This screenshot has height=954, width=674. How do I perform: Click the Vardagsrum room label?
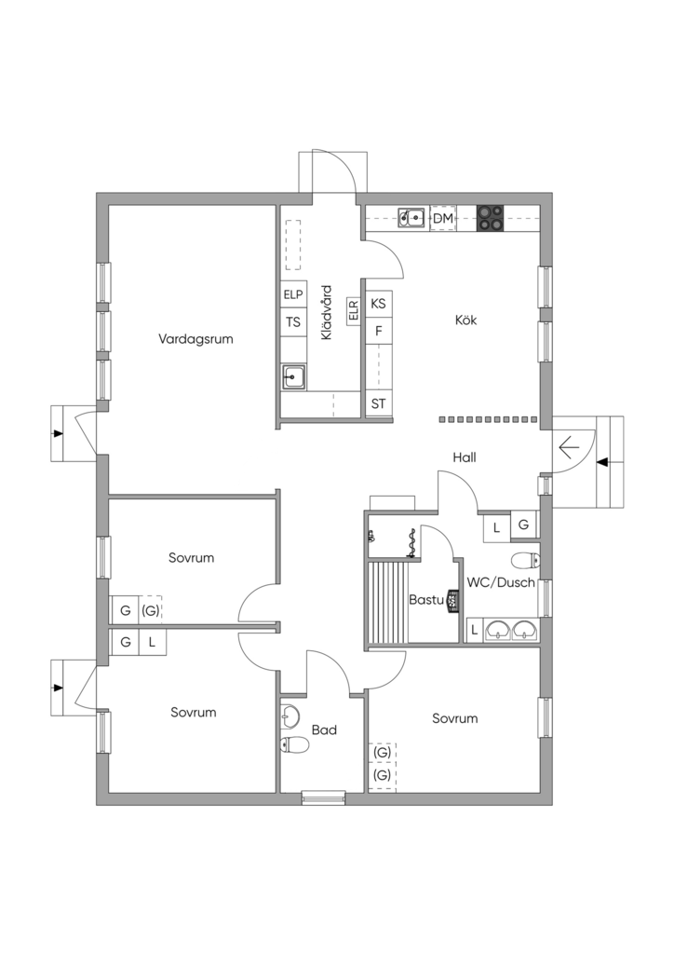[x=195, y=339]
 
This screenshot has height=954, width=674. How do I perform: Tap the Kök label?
[x=466, y=320]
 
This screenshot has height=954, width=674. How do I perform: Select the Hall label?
[x=465, y=457]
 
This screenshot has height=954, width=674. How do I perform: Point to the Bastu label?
[x=426, y=600]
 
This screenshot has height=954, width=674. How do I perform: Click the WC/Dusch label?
[x=501, y=582]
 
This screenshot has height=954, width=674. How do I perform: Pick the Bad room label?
[x=324, y=730]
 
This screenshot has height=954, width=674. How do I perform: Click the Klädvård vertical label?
[x=327, y=312]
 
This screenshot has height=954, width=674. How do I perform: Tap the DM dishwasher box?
[x=444, y=218]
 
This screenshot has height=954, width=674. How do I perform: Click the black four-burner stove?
[x=491, y=218]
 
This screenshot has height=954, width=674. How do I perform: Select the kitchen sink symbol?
[x=411, y=217]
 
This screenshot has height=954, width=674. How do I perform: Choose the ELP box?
[x=293, y=294]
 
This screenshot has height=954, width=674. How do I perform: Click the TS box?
[x=293, y=321]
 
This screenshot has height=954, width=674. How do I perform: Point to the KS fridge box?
[x=378, y=303]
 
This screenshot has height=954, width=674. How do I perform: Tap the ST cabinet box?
[x=378, y=403]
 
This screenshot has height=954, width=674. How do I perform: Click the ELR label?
[x=354, y=309]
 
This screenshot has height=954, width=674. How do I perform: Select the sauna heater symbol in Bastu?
[x=452, y=601]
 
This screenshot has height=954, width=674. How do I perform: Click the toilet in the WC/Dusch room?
[x=525, y=560]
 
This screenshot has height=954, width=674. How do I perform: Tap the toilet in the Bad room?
[x=294, y=744]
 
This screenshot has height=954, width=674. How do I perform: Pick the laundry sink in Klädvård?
[x=294, y=377]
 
